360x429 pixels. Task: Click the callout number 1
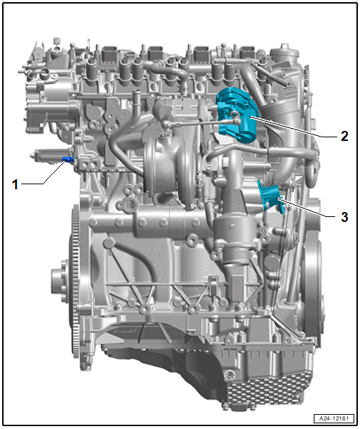[15, 184]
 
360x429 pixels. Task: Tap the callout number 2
[344, 136]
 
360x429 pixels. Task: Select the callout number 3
[344, 217]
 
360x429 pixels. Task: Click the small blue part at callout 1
[68, 159]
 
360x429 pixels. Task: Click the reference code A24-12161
[334, 418]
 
